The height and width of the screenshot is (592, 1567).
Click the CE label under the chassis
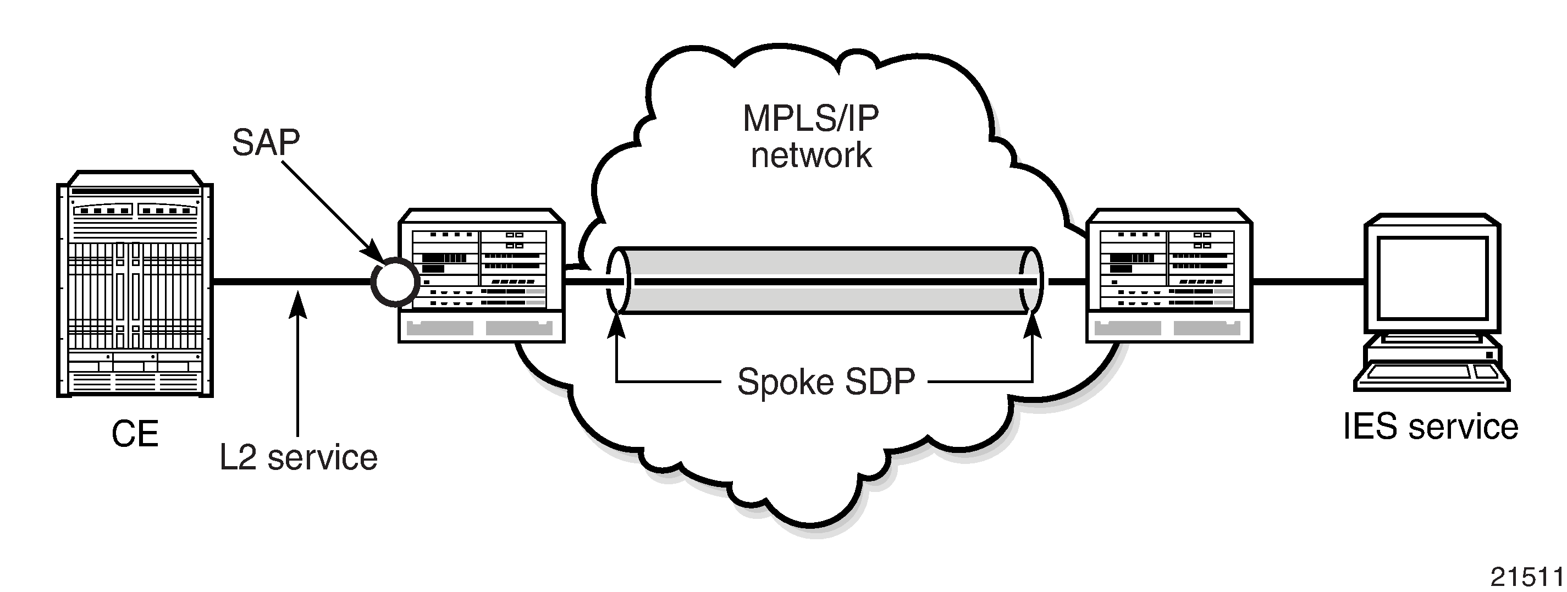pyautogui.click(x=135, y=434)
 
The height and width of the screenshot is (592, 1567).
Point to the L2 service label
pyautogui.click(x=299, y=457)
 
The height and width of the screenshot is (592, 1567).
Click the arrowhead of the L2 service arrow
pyautogui.click(x=297, y=303)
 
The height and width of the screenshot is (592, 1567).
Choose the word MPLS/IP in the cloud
pyautogui.click(x=811, y=119)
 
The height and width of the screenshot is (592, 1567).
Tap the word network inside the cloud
pyautogui.click(x=812, y=154)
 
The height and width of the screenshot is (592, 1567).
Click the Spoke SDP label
pyautogui.click(x=826, y=382)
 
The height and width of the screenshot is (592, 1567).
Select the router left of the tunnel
pyautogui.click(x=482, y=275)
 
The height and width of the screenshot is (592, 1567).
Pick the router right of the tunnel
pyautogui.click(x=1169, y=275)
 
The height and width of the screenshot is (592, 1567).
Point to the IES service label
pyautogui.click(x=1431, y=427)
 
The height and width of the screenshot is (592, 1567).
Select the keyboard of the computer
pyautogui.click(x=1432, y=378)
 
